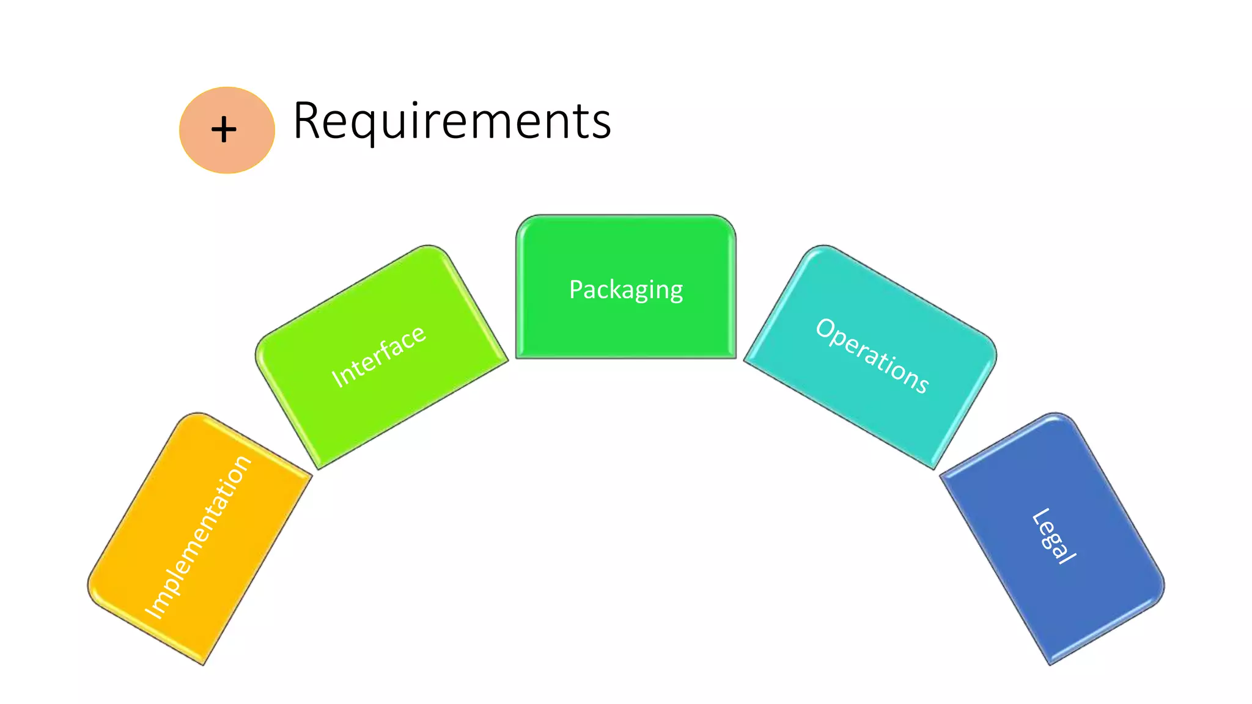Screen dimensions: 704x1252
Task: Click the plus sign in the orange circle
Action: coord(224,130)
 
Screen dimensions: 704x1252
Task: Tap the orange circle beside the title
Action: coord(245,153)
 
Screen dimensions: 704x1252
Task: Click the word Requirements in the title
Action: coord(452,121)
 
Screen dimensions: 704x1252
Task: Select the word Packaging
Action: coord(626,290)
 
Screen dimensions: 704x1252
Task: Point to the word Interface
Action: coord(378,356)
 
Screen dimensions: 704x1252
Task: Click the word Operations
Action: coord(872,355)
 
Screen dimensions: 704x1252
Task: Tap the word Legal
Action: coord(1054,536)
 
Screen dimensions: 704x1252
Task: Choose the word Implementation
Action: coord(197,537)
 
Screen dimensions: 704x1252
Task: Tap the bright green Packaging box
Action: coord(626,330)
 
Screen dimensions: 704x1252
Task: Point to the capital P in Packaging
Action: coord(575,290)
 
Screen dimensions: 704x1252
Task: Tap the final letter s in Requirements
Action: coord(602,125)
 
